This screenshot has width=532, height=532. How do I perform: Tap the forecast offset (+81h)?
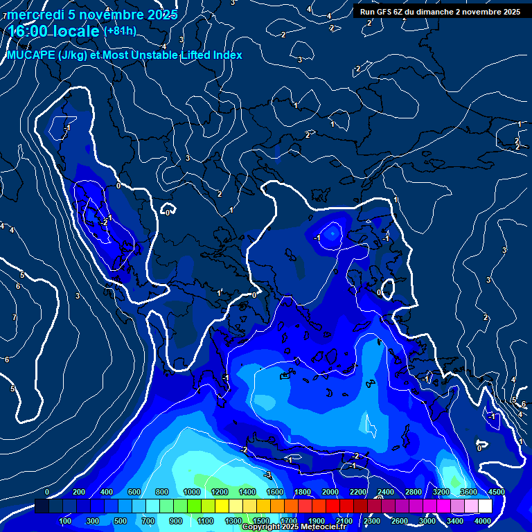point(120,31)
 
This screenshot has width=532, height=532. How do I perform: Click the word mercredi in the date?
point(35,15)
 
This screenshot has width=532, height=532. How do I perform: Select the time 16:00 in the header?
point(30,31)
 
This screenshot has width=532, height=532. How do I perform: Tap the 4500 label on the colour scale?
point(496,492)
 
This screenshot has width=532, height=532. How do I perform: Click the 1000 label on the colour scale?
point(192,492)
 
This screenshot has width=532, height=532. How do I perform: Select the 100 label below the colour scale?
point(65,521)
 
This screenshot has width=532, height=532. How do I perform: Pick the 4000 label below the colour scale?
point(483,521)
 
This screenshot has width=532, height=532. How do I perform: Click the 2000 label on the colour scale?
point(330,492)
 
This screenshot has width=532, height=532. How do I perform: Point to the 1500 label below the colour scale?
point(261,521)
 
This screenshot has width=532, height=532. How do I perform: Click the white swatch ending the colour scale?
point(485,506)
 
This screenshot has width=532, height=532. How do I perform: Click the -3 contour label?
point(267,475)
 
